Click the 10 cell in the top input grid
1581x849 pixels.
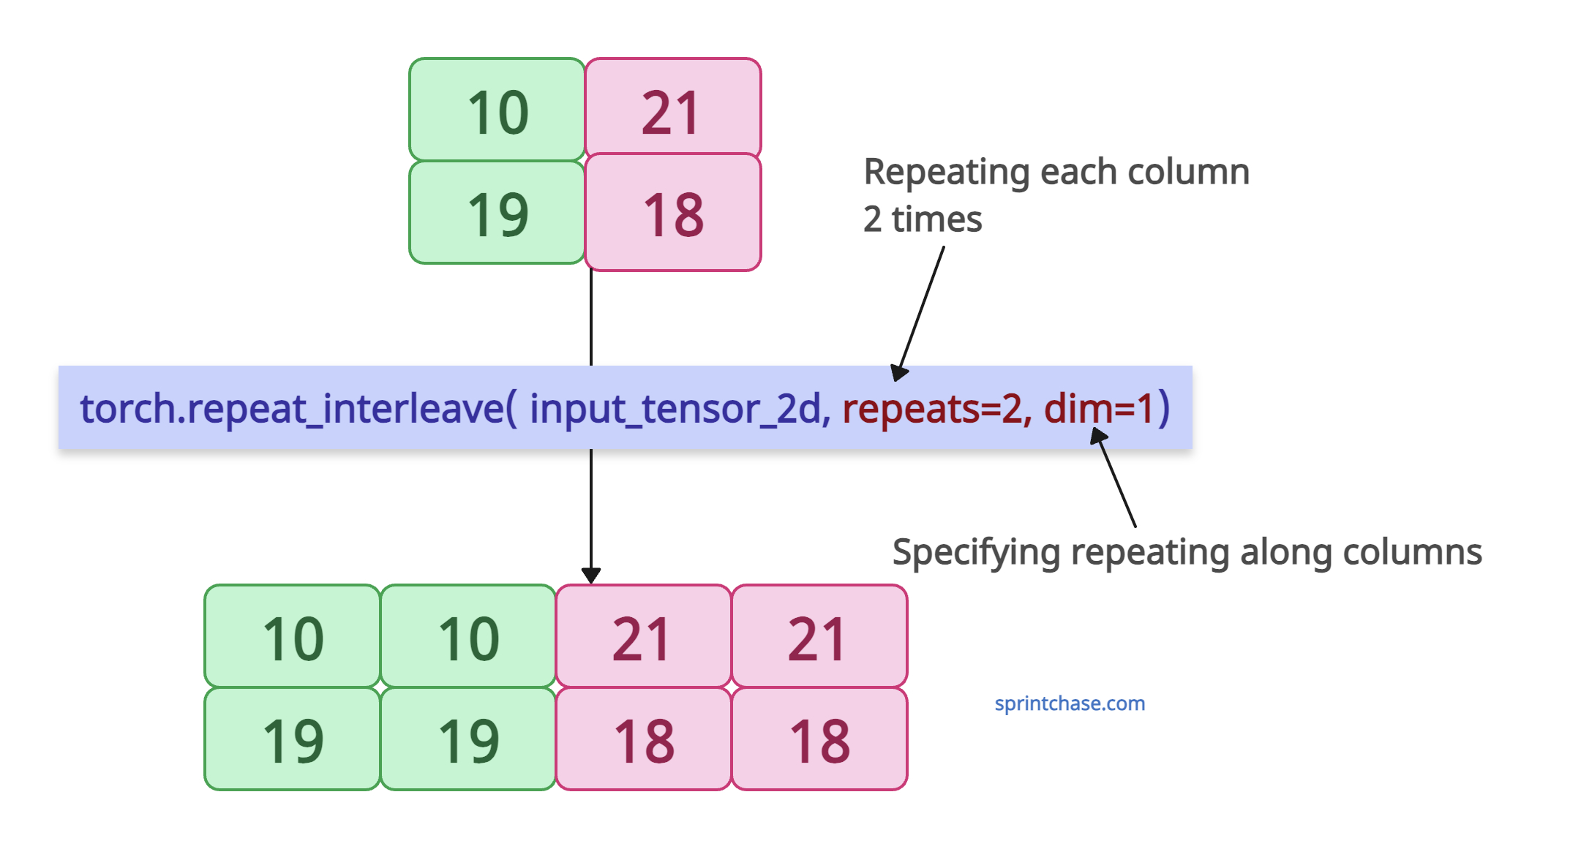coord(497,110)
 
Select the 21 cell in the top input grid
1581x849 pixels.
coord(673,107)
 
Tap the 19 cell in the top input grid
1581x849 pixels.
coord(497,212)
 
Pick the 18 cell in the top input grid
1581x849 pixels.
coord(673,212)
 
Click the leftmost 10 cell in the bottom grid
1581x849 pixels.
coord(293,636)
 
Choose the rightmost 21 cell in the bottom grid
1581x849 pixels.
coord(819,636)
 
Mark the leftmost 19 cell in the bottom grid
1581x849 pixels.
coord(293,739)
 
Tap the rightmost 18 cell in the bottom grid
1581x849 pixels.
coord(819,739)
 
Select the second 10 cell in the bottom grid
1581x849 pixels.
coord(468,636)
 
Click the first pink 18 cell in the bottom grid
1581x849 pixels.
coord(644,739)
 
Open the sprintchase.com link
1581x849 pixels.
coord(1070,703)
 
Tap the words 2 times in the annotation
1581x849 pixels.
coord(923,219)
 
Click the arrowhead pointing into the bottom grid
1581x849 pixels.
coord(591,576)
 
